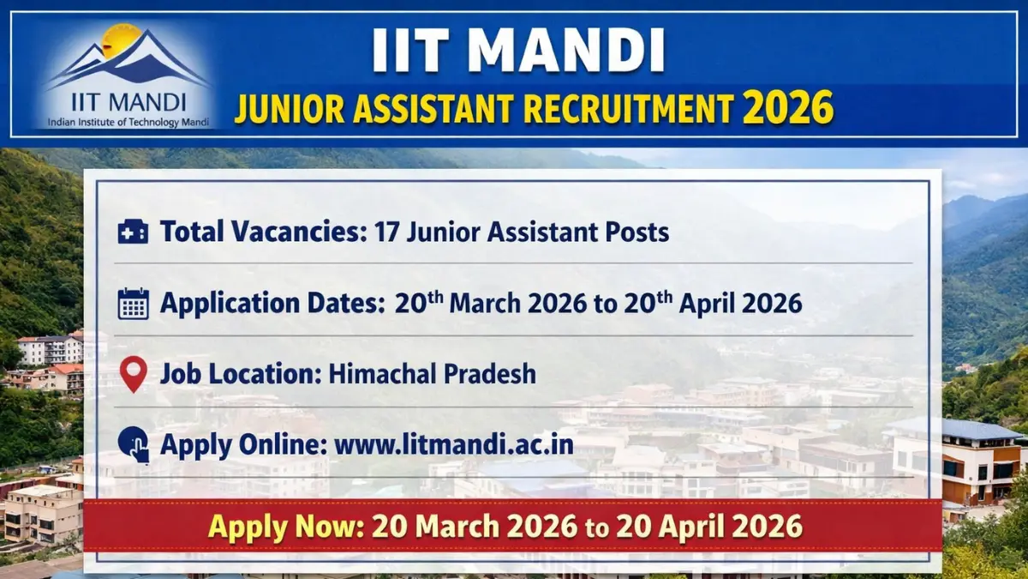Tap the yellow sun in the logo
click(121, 39)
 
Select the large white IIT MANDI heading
click(518, 51)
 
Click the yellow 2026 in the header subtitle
click(788, 109)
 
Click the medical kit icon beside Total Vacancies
click(133, 232)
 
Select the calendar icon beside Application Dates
click(133, 304)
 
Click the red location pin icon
click(133, 375)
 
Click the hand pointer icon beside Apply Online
click(133, 445)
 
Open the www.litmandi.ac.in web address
click(454, 445)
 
